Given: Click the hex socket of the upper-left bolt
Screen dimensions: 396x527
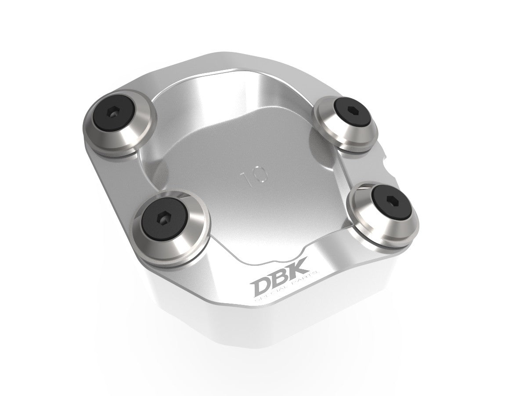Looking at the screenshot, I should [114, 114].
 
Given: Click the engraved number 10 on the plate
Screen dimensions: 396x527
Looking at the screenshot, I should [255, 177].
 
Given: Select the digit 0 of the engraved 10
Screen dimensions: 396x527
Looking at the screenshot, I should [261, 175].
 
